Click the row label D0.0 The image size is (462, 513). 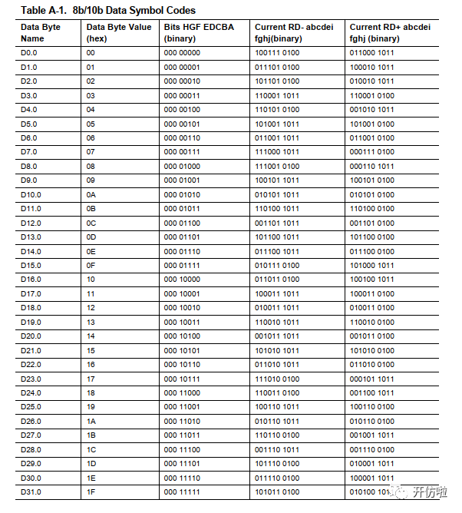coord(30,52)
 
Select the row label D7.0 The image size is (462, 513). coord(30,152)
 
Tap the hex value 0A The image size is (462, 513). coord(91,194)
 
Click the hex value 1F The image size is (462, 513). coord(91,491)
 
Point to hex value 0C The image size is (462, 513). coord(91,223)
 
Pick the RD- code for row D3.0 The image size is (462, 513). coord(277,95)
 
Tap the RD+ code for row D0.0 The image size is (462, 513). coord(371,52)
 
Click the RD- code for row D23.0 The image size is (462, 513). coord(277,379)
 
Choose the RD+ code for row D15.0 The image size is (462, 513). coord(371,265)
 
